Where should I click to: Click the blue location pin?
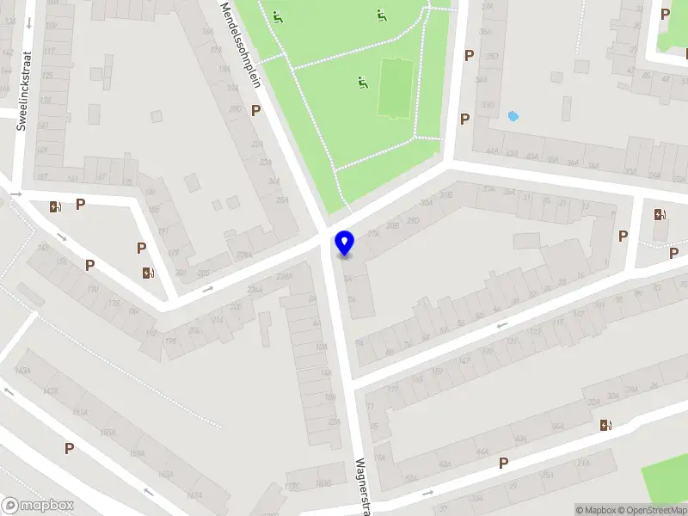[345, 244]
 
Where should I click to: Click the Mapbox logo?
[38, 506]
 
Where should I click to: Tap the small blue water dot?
[513, 116]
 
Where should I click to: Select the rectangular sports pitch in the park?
[394, 88]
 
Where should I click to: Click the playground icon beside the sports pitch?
[363, 83]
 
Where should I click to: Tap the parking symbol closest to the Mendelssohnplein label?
[255, 110]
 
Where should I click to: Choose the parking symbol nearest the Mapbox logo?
[69, 448]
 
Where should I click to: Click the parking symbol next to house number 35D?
[469, 56]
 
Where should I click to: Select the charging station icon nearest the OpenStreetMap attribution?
[606, 424]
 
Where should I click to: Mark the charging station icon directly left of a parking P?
[56, 206]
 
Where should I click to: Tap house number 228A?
[285, 277]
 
